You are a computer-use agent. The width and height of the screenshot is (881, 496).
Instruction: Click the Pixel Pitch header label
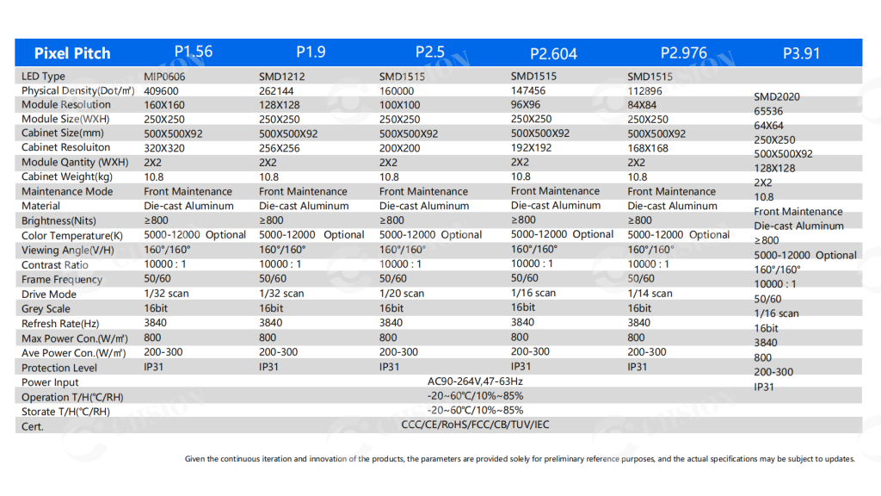pyautogui.click(x=72, y=53)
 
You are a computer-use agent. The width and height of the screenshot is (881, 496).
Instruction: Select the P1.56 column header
pyautogui.click(x=194, y=52)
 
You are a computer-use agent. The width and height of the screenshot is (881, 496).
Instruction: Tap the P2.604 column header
pyautogui.click(x=553, y=54)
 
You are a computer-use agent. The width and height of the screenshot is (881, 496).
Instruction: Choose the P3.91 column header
pyautogui.click(x=801, y=53)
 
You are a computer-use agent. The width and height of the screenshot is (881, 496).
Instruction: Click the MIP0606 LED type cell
pyautogui.click(x=164, y=77)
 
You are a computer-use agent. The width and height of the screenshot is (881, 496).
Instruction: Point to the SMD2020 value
pyautogui.click(x=777, y=96)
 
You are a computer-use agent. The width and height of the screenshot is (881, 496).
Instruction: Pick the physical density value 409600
pyautogui.click(x=161, y=91)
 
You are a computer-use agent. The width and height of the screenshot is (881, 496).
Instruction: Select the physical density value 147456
pyautogui.click(x=527, y=90)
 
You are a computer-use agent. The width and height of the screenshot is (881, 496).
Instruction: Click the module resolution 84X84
pyautogui.click(x=642, y=105)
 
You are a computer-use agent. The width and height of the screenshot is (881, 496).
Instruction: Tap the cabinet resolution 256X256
pyautogui.click(x=280, y=148)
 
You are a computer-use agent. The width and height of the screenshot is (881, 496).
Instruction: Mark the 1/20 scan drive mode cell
pyautogui.click(x=401, y=294)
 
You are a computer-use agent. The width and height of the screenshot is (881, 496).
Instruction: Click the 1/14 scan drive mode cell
pyautogui.click(x=650, y=294)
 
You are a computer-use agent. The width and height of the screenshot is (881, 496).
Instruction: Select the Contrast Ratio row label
pyautogui.click(x=54, y=265)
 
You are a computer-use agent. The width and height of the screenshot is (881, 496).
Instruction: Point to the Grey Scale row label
pyautogui.click(x=46, y=309)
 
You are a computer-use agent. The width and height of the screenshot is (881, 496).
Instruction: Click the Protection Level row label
pyautogui.click(x=59, y=368)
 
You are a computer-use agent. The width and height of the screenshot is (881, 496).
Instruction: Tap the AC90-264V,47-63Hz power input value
pyautogui.click(x=475, y=381)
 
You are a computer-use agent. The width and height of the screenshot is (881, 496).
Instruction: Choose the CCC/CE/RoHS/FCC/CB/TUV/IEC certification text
pyautogui.click(x=475, y=425)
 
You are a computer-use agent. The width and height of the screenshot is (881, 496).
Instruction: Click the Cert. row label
pyautogui.click(x=32, y=427)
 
